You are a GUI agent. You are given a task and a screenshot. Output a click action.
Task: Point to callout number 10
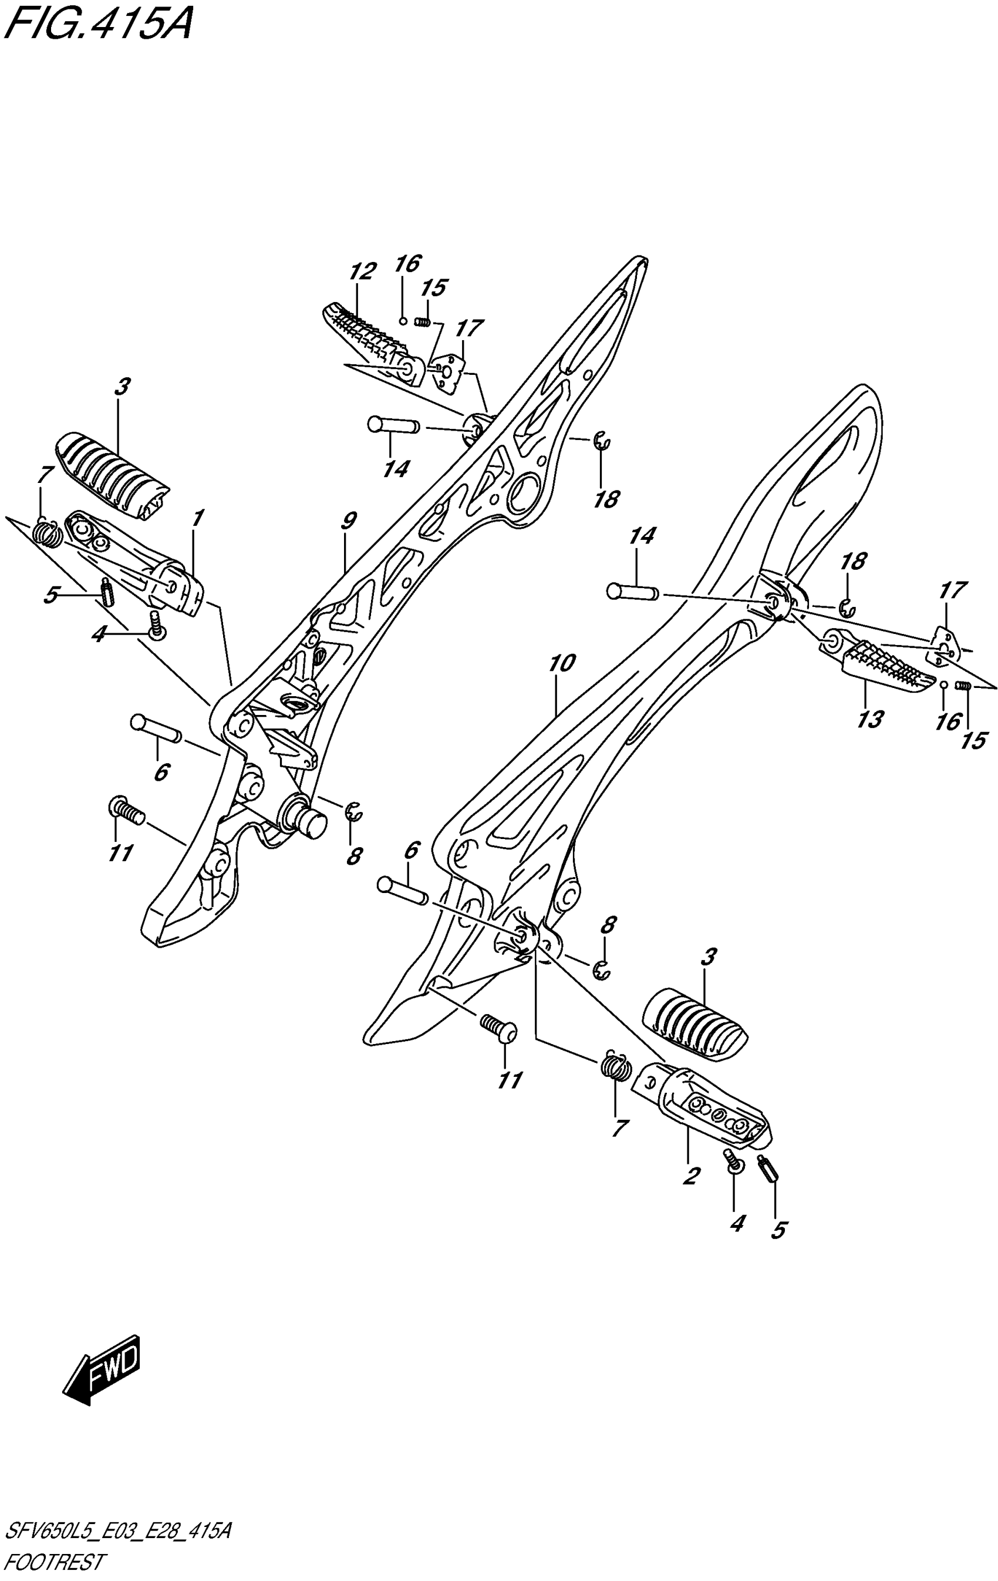[562, 664]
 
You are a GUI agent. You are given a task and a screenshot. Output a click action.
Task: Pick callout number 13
[870, 720]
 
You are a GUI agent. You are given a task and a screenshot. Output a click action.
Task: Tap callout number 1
[197, 518]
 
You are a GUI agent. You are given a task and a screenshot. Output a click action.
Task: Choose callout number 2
[690, 1175]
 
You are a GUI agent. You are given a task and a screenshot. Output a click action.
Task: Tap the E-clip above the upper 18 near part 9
[602, 442]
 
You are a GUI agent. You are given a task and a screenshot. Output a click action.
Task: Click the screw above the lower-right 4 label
[732, 1161]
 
